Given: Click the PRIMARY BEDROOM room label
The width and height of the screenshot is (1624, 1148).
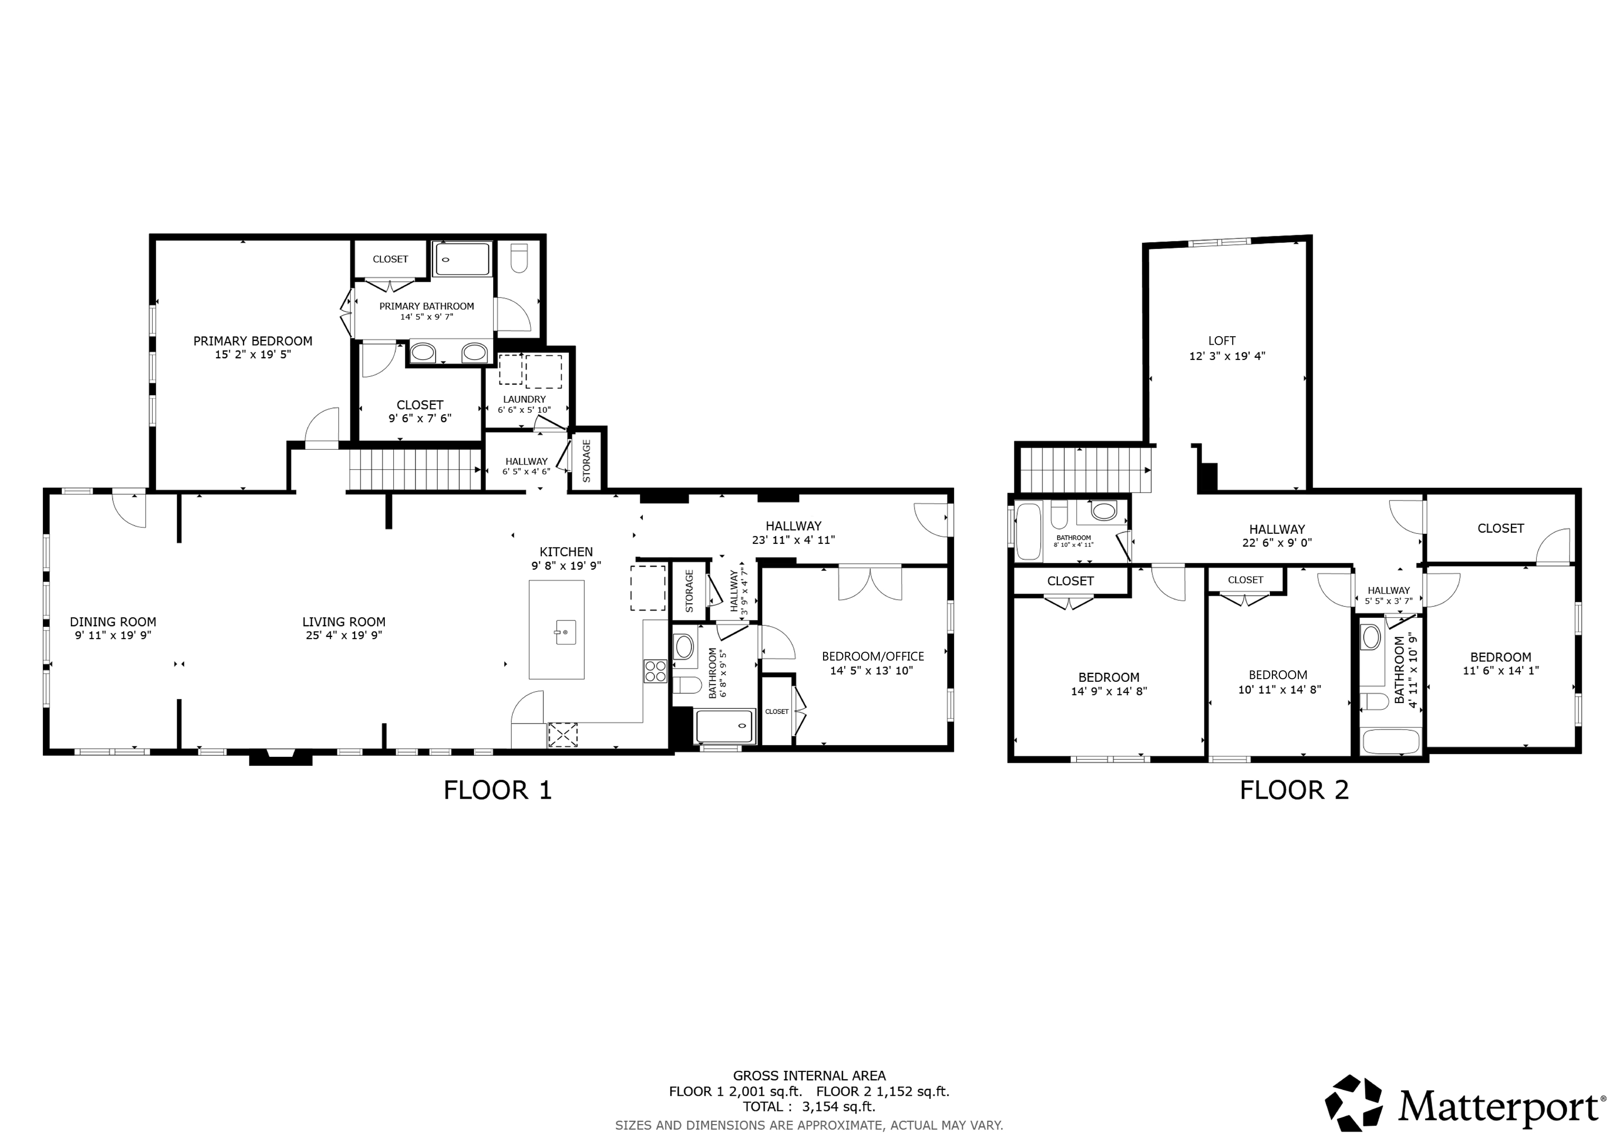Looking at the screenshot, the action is tap(253, 341).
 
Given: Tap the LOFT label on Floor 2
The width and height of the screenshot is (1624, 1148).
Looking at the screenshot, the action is tap(1222, 340).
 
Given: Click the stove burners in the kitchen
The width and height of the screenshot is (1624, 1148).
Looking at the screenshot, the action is tap(655, 671).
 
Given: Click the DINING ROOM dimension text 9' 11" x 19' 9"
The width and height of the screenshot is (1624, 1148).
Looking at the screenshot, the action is tap(113, 635).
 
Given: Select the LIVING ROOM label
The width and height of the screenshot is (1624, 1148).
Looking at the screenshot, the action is tap(344, 622).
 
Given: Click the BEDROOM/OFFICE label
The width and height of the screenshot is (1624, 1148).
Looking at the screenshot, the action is tap(872, 656).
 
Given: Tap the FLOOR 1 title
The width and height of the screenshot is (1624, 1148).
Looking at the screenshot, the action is tap(497, 790).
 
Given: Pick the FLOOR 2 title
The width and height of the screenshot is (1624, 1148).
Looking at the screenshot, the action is tap(1294, 790).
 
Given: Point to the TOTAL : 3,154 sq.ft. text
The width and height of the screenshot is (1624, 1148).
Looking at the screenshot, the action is tap(808, 1107).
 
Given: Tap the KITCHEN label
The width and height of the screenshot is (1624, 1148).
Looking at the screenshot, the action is tap(566, 552).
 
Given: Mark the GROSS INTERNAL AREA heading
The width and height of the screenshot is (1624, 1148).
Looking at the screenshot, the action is tap(809, 1076).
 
